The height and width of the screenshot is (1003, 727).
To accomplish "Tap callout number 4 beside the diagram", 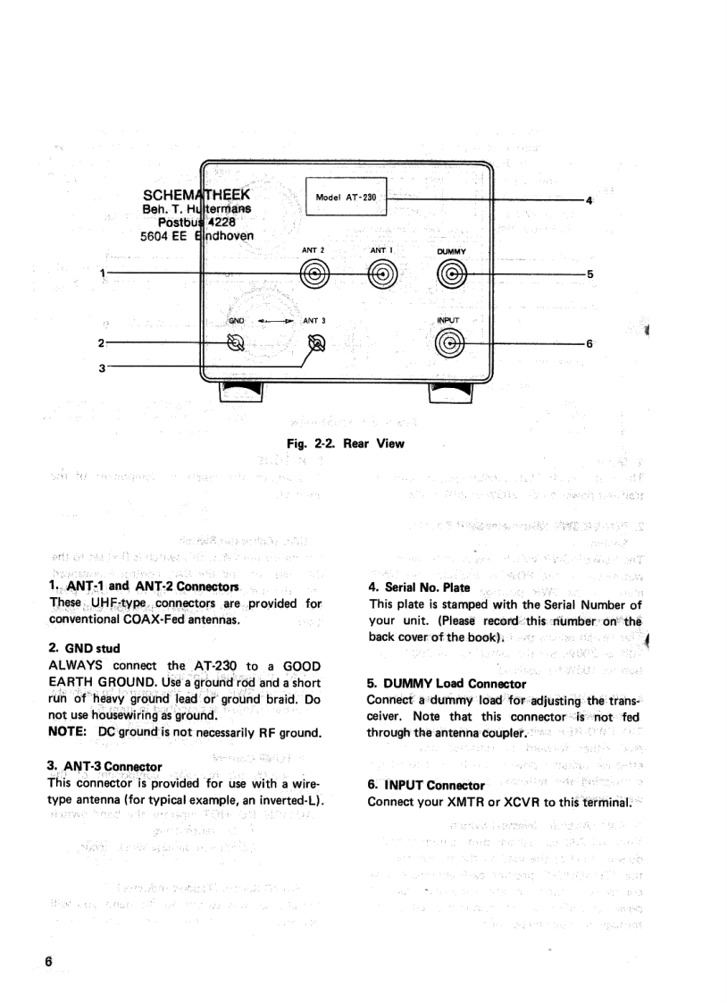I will pyautogui.click(x=589, y=200).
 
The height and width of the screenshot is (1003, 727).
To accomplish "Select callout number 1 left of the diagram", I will pyautogui.click(x=104, y=274).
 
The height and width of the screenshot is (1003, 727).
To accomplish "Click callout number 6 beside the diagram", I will pyautogui.click(x=589, y=342).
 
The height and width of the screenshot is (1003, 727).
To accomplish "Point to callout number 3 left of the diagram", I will pyautogui.click(x=104, y=366).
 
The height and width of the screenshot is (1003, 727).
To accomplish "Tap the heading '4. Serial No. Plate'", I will pyautogui.click(x=414, y=588).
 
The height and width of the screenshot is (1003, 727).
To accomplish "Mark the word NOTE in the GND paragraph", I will pyautogui.click(x=66, y=730).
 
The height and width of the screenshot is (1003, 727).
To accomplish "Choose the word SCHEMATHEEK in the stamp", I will pyautogui.click(x=196, y=195).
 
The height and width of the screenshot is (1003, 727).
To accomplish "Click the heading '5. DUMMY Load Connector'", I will pyautogui.click(x=447, y=684).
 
